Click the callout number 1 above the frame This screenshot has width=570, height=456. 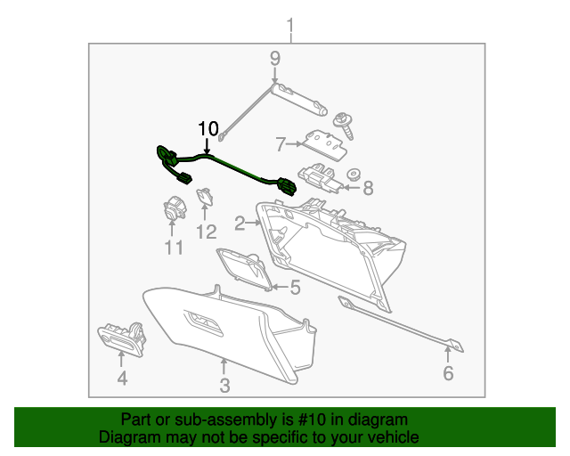pyautogui.click(x=290, y=26)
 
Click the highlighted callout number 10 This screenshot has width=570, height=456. pyautogui.click(x=208, y=129)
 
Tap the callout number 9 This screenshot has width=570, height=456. pyautogui.click(x=275, y=58)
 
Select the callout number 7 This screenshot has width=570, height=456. pyautogui.click(x=281, y=144)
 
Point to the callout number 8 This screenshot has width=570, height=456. pyautogui.click(x=368, y=188)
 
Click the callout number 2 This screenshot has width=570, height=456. pyautogui.click(x=240, y=224)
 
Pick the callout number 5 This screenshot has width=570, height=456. pyautogui.click(x=295, y=288)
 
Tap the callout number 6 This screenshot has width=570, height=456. pyautogui.click(x=448, y=373)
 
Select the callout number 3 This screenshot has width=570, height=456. pyautogui.click(x=224, y=386)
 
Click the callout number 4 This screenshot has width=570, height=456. pyautogui.click(x=122, y=379)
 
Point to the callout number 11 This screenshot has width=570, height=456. pyautogui.click(x=174, y=248)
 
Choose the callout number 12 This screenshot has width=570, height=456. pyautogui.click(x=207, y=232)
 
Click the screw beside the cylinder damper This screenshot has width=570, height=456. pyautogui.click(x=344, y=126)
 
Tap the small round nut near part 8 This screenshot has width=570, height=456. pyautogui.click(x=354, y=175)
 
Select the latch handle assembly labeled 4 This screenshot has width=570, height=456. pyautogui.click(x=122, y=338)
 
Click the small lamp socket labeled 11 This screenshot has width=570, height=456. pyautogui.click(x=175, y=208)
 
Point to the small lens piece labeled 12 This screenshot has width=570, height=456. pyautogui.click(x=205, y=197)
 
